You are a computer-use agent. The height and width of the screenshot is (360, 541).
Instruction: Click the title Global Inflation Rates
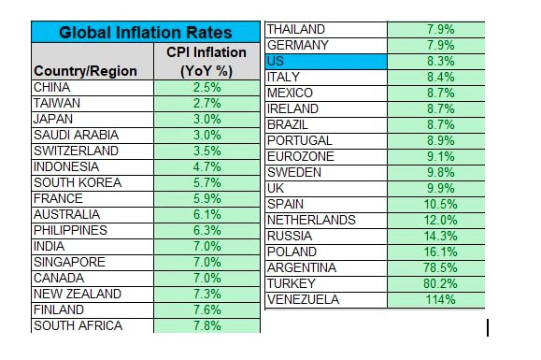(x=145, y=33)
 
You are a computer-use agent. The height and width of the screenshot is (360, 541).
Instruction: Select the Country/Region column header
(x=85, y=71)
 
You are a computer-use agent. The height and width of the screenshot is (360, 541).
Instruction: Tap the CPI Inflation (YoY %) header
(x=206, y=62)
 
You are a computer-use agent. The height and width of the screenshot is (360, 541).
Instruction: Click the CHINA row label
(x=51, y=87)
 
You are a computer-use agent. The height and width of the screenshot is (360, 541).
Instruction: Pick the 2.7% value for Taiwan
(x=207, y=103)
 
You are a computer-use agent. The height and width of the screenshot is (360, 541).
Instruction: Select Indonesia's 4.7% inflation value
(x=207, y=166)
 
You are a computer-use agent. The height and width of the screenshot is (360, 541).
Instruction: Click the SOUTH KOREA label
(x=78, y=182)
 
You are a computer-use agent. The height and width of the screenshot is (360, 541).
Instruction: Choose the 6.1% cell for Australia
(x=207, y=214)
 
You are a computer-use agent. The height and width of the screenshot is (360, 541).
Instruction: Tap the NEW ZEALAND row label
(x=78, y=294)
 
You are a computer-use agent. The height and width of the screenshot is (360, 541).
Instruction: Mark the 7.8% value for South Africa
(x=207, y=325)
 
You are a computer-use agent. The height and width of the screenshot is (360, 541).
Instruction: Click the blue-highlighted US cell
(x=326, y=62)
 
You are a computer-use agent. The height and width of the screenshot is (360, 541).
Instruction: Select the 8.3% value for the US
(x=441, y=61)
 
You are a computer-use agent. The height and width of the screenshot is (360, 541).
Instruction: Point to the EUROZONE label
(x=301, y=156)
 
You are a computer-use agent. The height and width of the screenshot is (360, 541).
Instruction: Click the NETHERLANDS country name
(x=311, y=220)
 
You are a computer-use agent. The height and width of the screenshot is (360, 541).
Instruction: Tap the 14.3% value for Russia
(x=441, y=236)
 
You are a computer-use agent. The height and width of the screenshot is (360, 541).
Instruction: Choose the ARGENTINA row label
(x=302, y=267)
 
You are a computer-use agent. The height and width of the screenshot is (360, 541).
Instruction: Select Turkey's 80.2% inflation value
(x=441, y=283)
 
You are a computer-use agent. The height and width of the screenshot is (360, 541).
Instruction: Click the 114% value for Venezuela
(x=441, y=299)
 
